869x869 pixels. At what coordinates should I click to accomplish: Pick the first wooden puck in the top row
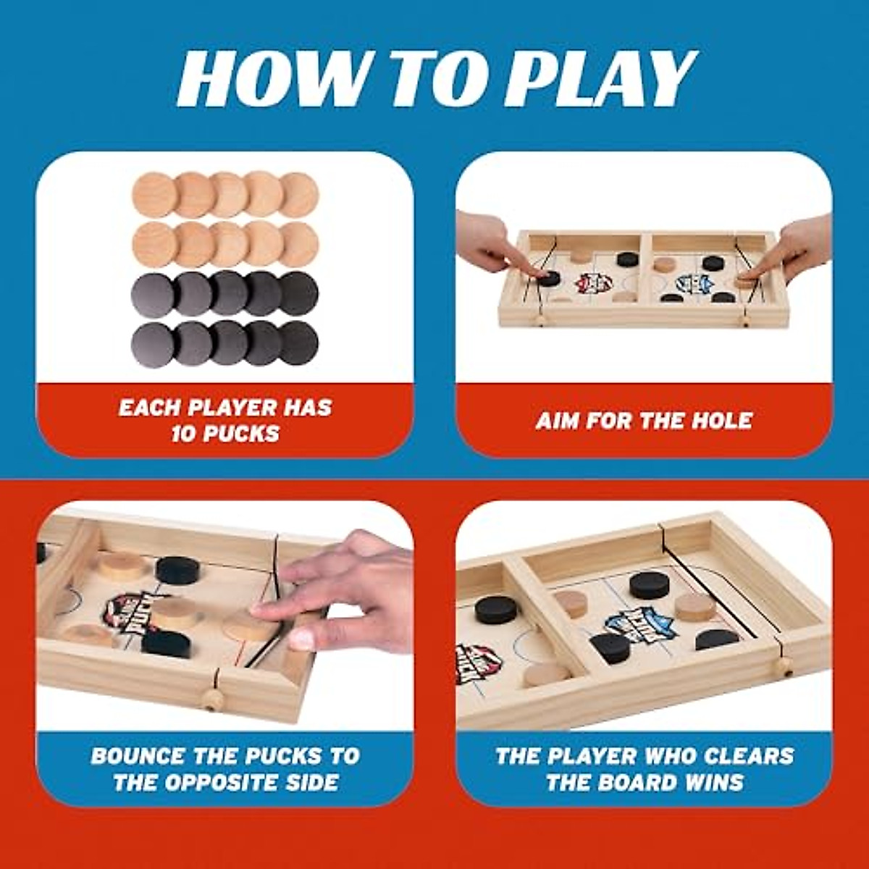[154, 194]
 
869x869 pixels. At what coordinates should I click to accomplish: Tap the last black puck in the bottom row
[298, 343]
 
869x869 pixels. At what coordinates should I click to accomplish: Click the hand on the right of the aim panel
[797, 246]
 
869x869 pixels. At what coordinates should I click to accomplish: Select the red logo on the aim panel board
[591, 283]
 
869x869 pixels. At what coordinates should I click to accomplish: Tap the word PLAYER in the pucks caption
[232, 408]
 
